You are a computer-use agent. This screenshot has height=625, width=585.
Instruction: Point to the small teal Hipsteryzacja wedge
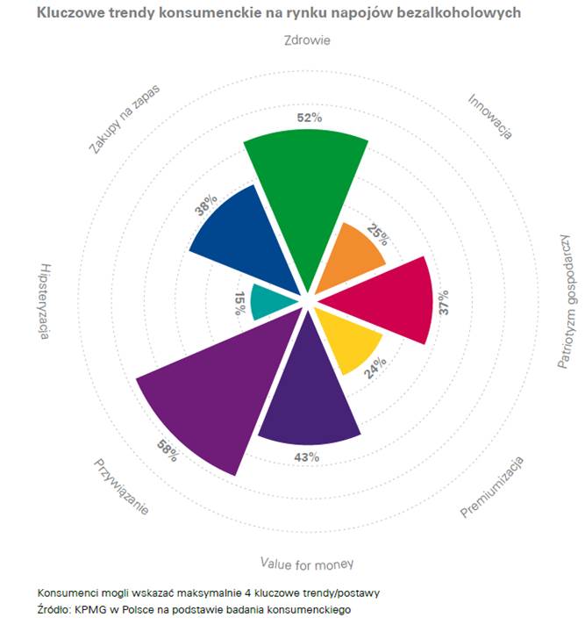[x=268, y=302]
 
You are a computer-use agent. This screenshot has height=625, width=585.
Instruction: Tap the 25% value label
[x=376, y=236]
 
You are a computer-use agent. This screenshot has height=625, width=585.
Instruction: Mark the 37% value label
[x=443, y=310]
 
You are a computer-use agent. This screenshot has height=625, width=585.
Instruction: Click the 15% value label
[x=239, y=305]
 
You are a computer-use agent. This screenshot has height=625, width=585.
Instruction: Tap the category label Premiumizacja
[x=492, y=486]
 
